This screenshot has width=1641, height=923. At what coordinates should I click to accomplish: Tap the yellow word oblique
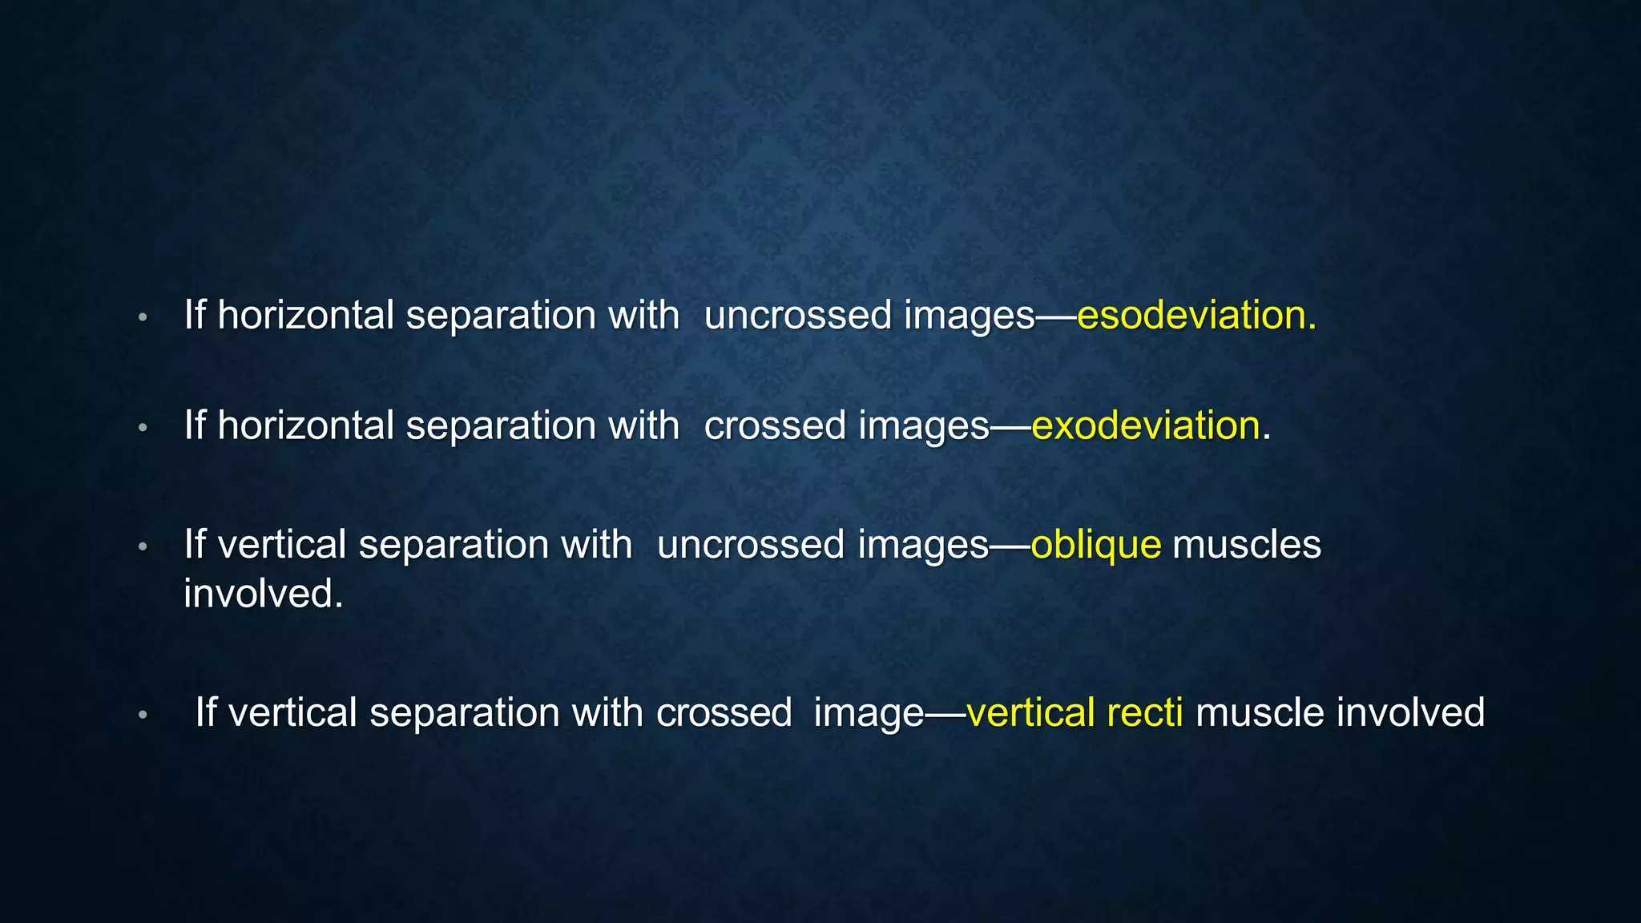[x=1095, y=546]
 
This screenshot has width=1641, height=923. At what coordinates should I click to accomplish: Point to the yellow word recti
[x=1144, y=712]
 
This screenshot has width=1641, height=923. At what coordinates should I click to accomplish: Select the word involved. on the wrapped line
[x=263, y=594]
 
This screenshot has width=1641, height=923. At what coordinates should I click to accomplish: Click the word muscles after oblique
[x=1246, y=546]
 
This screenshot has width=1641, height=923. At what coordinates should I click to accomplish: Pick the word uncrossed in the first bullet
[x=797, y=315]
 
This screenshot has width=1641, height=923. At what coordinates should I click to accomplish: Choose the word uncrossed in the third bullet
[x=751, y=546]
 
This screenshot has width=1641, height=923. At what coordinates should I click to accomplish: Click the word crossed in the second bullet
[x=775, y=425]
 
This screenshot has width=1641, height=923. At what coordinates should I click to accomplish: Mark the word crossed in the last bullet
[x=724, y=712]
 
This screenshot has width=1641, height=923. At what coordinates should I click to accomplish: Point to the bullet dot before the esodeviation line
[x=143, y=317]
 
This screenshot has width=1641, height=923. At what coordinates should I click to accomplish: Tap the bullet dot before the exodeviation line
[x=143, y=428]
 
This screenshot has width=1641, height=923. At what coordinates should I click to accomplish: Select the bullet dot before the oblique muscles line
[x=143, y=547]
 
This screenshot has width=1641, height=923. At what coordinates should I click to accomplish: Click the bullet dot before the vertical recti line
[x=143, y=715]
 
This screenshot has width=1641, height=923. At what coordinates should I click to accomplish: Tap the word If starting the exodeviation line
[x=195, y=425]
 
